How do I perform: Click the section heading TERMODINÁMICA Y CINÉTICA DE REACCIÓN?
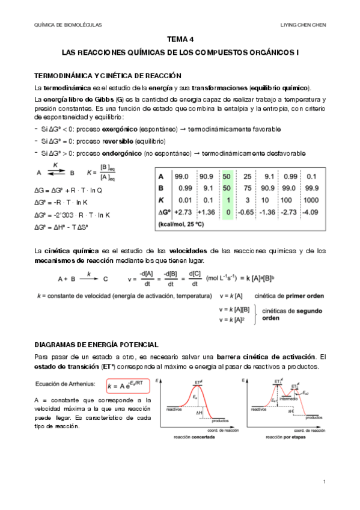[108, 76]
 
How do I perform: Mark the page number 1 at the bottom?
[324, 482]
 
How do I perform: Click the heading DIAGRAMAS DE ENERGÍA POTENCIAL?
[97, 345]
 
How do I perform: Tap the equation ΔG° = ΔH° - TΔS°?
[62, 227]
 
